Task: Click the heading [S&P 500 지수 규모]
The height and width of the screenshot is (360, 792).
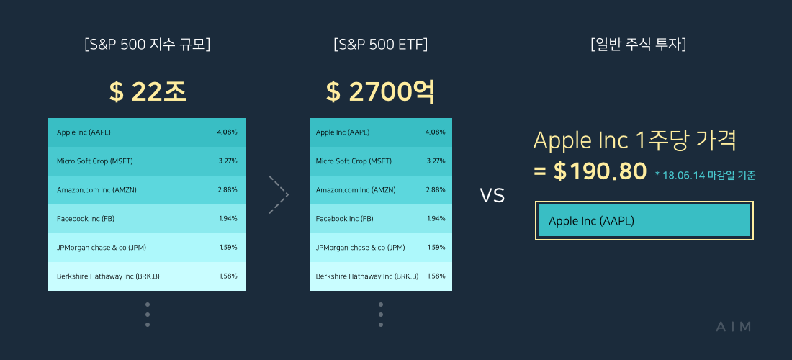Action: pos(148,45)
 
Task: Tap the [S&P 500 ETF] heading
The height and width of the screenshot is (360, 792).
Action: pos(380,45)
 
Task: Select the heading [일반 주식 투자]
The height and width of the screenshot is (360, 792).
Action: pos(638,45)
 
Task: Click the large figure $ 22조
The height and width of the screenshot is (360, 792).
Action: pos(148,92)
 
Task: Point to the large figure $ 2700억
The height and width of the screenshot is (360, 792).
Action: pos(380,92)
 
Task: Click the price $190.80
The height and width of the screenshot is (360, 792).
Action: pos(600,171)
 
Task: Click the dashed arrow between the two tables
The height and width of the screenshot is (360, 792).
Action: pos(279,194)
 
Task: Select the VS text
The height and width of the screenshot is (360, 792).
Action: pos(492,195)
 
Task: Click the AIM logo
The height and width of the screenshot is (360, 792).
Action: pos(734,327)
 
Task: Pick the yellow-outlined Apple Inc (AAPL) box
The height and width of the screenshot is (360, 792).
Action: pos(644,220)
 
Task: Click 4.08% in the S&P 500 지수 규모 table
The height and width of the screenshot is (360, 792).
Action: pos(228,132)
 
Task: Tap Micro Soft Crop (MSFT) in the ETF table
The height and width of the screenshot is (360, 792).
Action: pos(354,161)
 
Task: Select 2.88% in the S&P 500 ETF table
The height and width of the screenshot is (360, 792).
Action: pos(436,190)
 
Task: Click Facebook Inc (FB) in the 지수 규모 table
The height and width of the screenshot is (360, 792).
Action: pos(86,219)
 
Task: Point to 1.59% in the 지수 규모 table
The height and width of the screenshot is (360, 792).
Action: pos(228,248)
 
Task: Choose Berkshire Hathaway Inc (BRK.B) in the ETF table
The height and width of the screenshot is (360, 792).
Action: pos(367,276)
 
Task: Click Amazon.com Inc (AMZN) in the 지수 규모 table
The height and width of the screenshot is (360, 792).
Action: pos(97,190)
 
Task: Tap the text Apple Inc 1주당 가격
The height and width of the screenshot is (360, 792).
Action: pos(635,141)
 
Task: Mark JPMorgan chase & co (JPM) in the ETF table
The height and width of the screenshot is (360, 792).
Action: pos(360,248)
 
